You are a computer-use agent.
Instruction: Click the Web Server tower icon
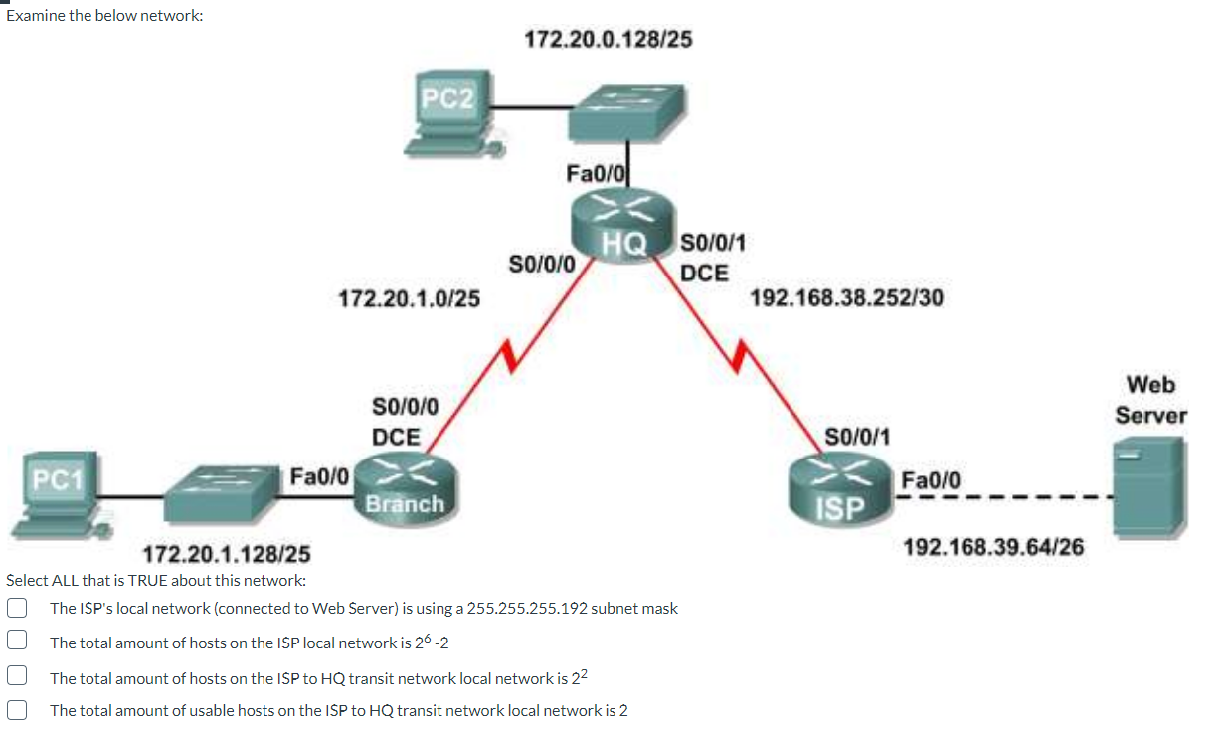pyautogui.click(x=1147, y=485)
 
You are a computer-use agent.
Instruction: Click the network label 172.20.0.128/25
pyautogui.click(x=609, y=39)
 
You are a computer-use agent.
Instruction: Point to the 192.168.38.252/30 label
pyautogui.click(x=846, y=297)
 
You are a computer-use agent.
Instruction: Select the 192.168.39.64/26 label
pyautogui.click(x=993, y=546)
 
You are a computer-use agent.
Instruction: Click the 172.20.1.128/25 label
pyautogui.click(x=228, y=553)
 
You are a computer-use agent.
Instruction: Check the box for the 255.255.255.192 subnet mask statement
pyautogui.click(x=16, y=608)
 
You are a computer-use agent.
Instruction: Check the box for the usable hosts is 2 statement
pyautogui.click(x=16, y=710)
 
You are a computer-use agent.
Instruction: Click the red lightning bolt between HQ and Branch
pyautogui.click(x=509, y=354)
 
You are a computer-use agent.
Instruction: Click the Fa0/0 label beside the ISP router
pyautogui.click(x=931, y=480)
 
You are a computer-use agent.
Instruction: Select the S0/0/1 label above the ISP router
pyautogui.click(x=857, y=436)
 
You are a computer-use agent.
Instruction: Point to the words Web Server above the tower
pyautogui.click(x=1150, y=399)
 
